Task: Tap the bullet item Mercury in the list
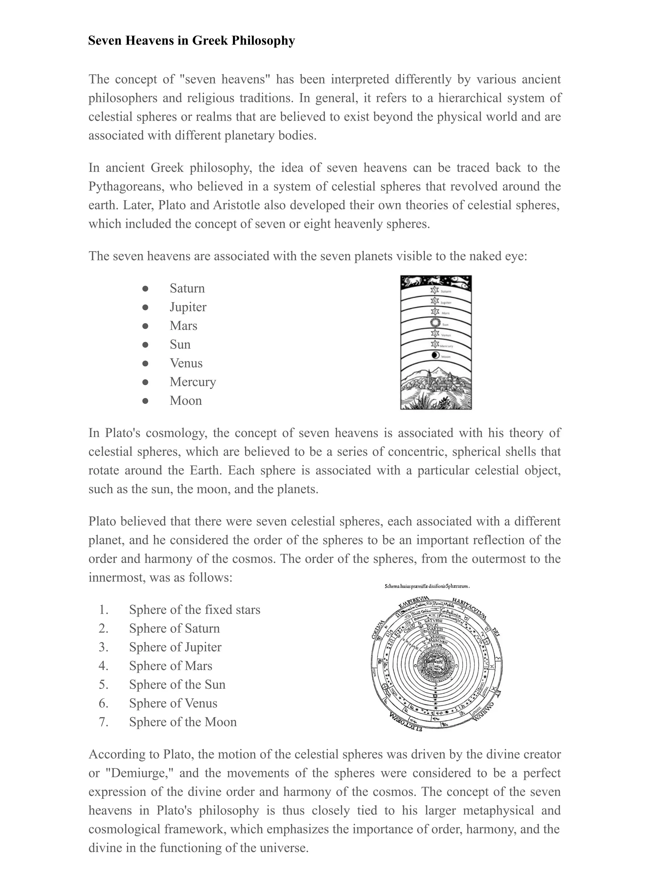(x=193, y=382)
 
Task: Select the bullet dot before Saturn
(x=145, y=289)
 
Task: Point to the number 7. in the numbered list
(x=103, y=722)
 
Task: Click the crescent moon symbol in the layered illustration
(x=435, y=355)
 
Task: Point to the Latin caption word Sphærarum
(x=457, y=586)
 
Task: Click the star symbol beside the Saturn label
(x=435, y=290)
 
